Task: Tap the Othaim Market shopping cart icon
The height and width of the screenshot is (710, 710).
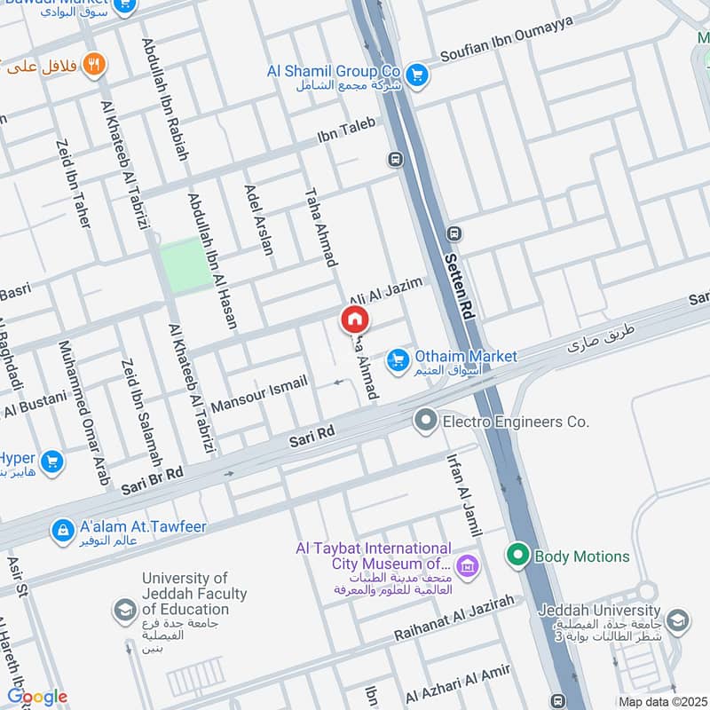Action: (x=397, y=360)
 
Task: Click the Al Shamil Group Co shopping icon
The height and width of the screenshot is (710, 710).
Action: (x=417, y=75)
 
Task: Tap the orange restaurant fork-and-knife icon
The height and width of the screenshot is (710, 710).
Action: (x=93, y=64)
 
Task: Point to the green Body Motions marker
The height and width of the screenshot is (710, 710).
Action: (x=517, y=556)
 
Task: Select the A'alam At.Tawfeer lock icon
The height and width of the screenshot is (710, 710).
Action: (x=62, y=531)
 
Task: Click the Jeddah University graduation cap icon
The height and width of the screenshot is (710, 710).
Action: (x=677, y=619)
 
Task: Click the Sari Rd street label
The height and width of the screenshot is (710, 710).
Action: (x=312, y=434)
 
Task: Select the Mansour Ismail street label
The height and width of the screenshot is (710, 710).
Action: (x=259, y=387)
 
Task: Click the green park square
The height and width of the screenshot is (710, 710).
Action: (x=186, y=265)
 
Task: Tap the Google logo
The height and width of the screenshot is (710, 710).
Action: (x=37, y=697)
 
